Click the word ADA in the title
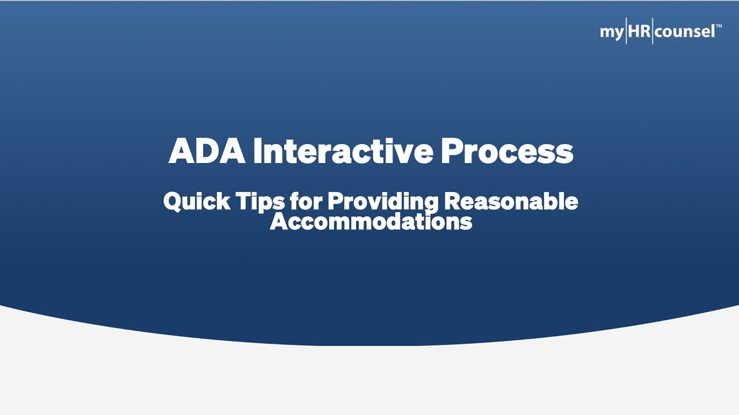207,152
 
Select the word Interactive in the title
343,152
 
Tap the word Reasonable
511,202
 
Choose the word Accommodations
371,221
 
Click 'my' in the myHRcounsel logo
611,32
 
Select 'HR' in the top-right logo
640,31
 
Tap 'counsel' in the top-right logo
685,31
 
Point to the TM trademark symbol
719,27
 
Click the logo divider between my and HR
626,31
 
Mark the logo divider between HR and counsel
653,31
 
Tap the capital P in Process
453,152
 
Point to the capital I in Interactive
257,152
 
